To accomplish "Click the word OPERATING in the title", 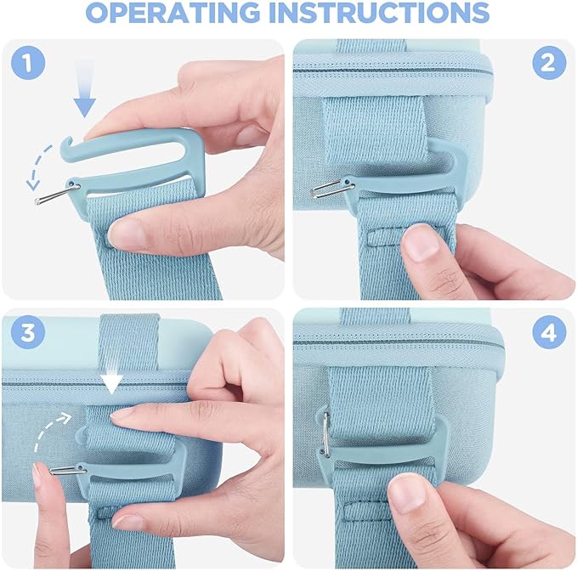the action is [x=173, y=13].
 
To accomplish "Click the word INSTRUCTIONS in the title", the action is [x=379, y=13].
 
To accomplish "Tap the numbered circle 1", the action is [x=28, y=63].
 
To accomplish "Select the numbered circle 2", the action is [x=549, y=63].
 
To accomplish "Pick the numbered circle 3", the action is [x=28, y=332].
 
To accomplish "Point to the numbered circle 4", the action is [x=549, y=332].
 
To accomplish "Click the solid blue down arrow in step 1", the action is [x=85, y=90].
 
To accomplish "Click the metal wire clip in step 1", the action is [x=57, y=195].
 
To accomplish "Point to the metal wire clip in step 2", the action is [x=332, y=189].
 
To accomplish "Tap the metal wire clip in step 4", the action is [x=325, y=434].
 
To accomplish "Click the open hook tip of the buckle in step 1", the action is [x=66, y=141].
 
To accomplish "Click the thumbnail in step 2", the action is [x=421, y=242].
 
